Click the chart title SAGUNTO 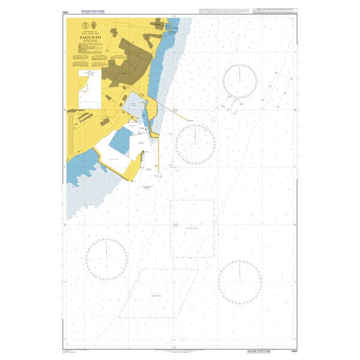pyautogui.click(x=88, y=36)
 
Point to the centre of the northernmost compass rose pyautogui.click(x=239, y=80)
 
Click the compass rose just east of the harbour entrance pyautogui.click(x=196, y=142)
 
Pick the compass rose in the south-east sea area pyautogui.click(x=239, y=282)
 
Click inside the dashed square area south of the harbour pyautogui.click(x=193, y=228)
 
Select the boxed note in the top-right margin pyautogui.click(x=275, y=11)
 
